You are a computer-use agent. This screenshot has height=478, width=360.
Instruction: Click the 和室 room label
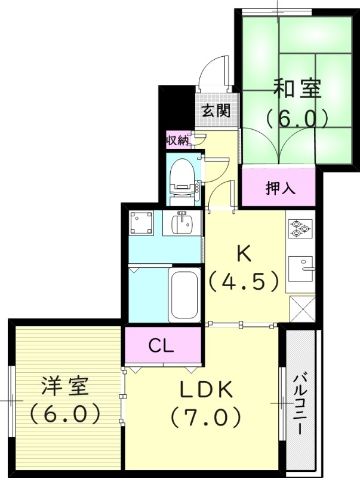pos(297,88)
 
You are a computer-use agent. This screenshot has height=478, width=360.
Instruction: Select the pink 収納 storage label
pos(177,141)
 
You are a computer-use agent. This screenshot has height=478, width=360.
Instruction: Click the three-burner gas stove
pos(300,228)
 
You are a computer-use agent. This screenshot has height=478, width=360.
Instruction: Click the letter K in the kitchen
pos(244,254)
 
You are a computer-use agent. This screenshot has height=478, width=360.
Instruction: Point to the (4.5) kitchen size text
pos(244,280)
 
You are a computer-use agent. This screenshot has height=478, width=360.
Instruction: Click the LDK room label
pos(206,390)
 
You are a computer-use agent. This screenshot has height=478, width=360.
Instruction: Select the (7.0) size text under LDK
pos(206,416)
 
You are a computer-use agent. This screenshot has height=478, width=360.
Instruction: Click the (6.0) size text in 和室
pos(297,117)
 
